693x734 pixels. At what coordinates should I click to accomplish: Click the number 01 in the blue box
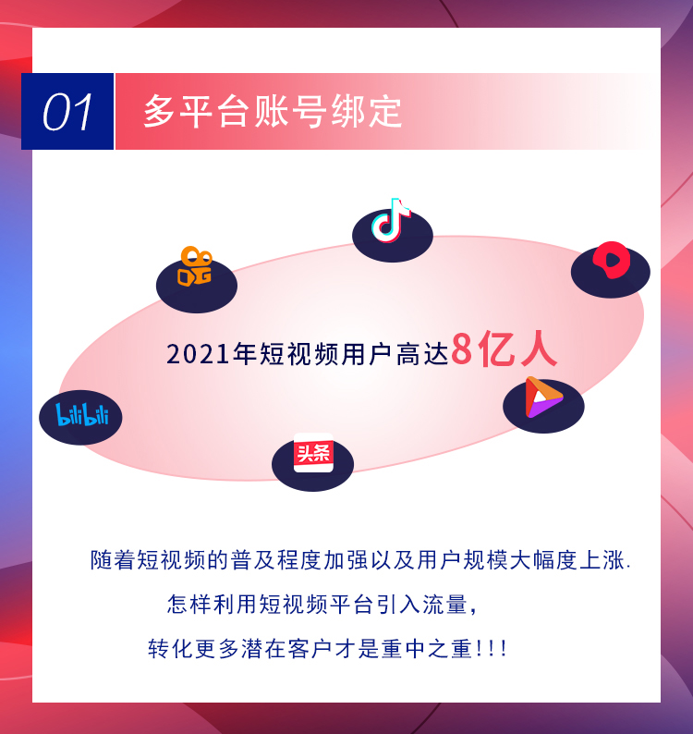pyautogui.click(x=67, y=112)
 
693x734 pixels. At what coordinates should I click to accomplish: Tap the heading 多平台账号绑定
pyautogui.click(x=273, y=112)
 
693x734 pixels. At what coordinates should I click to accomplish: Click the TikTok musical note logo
pyautogui.click(x=391, y=220)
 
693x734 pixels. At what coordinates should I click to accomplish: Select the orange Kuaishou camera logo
pyautogui.click(x=195, y=266)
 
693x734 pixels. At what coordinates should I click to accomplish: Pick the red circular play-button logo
pyautogui.click(x=611, y=260)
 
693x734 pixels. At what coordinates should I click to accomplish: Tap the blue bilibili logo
pyautogui.click(x=82, y=415)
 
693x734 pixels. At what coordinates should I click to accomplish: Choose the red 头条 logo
pyautogui.click(x=313, y=453)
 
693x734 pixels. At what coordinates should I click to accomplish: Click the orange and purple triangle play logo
pyautogui.click(x=542, y=397)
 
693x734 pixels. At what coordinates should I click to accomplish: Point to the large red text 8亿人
pyautogui.click(x=504, y=349)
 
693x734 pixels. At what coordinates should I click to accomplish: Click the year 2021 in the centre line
pyautogui.click(x=198, y=354)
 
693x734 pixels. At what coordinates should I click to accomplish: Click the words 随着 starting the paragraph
pyautogui.click(x=113, y=560)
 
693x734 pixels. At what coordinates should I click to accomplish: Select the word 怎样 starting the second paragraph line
pyautogui.click(x=189, y=605)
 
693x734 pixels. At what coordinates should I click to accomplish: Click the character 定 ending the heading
pyautogui.click(x=385, y=112)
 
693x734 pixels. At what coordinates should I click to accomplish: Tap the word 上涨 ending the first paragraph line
pyautogui.click(x=602, y=560)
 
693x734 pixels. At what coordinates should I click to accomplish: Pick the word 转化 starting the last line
pyautogui.click(x=170, y=649)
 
